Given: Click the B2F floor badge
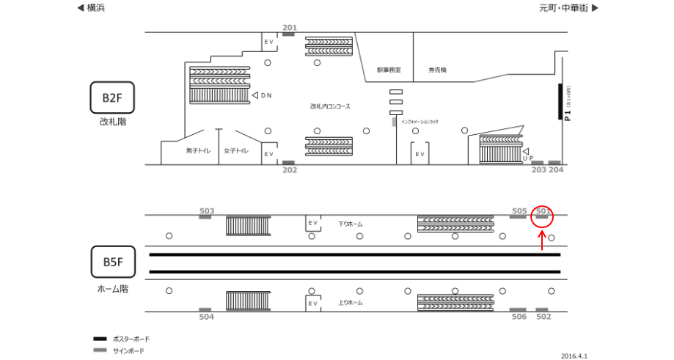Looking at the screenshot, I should pyautogui.click(x=112, y=97).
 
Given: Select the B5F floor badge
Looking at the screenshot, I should pyautogui.click(x=112, y=262).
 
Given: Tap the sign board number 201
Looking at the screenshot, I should pyautogui.click(x=290, y=28).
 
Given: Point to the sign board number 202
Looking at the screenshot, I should pyautogui.click(x=290, y=170).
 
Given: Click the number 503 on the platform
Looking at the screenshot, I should pyautogui.click(x=207, y=210).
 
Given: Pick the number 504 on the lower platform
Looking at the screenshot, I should pyautogui.click(x=207, y=317).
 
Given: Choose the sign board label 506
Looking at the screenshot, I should pyautogui.click(x=519, y=317).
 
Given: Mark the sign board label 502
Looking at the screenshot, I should pyautogui.click(x=543, y=317).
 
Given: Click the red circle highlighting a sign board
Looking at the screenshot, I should pyautogui.click(x=543, y=214).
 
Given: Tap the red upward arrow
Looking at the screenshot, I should pyautogui.click(x=542, y=240).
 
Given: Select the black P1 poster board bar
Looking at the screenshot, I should pyautogui.click(x=560, y=103).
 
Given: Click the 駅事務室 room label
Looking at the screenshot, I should pyautogui.click(x=389, y=70).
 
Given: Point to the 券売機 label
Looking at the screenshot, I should pyautogui.click(x=438, y=70).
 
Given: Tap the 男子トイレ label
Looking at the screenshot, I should pyautogui.click(x=198, y=151).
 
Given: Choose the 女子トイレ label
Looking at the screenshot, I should pyautogui.click(x=236, y=151).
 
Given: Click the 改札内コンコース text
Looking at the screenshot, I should pyautogui.click(x=329, y=106).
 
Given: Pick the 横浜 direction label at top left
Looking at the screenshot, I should pyautogui.click(x=95, y=8).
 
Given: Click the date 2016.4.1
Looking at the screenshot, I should pyautogui.click(x=574, y=355).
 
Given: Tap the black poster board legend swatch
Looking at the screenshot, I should pyautogui.click(x=100, y=339).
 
